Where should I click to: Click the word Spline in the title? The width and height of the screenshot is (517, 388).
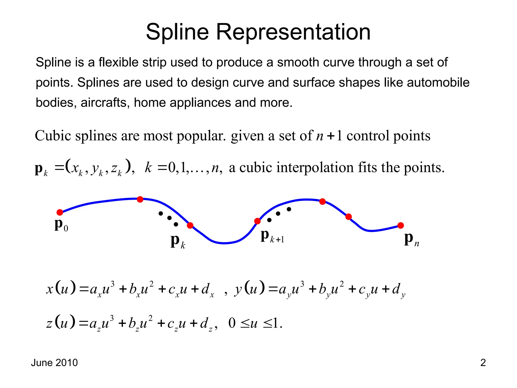point(177,32)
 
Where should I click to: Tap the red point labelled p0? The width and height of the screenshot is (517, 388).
point(60,212)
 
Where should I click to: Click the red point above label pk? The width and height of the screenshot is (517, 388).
point(190,225)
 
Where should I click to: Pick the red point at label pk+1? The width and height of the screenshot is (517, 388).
point(257,221)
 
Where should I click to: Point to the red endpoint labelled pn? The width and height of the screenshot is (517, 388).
point(401,225)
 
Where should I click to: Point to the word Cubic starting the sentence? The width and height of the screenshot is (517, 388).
point(53,136)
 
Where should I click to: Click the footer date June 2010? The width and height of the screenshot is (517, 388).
point(54,362)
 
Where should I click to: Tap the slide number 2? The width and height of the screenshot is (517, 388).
point(483,362)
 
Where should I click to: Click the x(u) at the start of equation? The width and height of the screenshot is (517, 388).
point(61,289)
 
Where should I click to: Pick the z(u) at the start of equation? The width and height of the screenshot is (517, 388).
point(61,323)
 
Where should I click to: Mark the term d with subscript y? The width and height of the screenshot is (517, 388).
point(398,290)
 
